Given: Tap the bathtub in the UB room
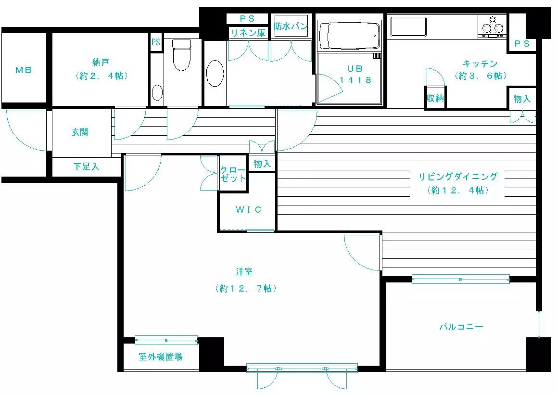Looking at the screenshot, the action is pyautogui.click(x=349, y=36).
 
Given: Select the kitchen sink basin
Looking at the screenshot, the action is pyautogui.click(x=408, y=26).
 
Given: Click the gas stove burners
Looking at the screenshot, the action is pyautogui.click(x=493, y=26).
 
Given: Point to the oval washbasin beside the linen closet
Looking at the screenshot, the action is pyautogui.click(x=215, y=73).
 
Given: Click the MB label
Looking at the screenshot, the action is pyautogui.click(x=24, y=70).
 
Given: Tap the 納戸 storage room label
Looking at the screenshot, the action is pyautogui.click(x=100, y=62).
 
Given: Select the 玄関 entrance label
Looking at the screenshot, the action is pyautogui.click(x=80, y=132).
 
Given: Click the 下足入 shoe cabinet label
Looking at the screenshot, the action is pyautogui.click(x=86, y=166).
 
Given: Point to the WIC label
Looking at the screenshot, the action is pyautogui.click(x=248, y=209).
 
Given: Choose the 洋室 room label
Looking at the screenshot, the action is pyautogui.click(x=244, y=272).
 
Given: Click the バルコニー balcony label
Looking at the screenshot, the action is pyautogui.click(x=461, y=326).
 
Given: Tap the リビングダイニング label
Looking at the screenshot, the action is pyautogui.click(x=458, y=177).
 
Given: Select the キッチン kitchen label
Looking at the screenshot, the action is pyautogui.click(x=480, y=64).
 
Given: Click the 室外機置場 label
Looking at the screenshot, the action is pyautogui.click(x=161, y=357).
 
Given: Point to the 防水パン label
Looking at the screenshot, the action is pyautogui.click(x=291, y=26).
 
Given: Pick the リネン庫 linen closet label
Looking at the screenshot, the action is pyautogui.click(x=248, y=33).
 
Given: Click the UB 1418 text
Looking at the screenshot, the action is pyautogui.click(x=355, y=74).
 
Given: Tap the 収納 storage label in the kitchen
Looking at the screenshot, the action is pyautogui.click(x=435, y=98).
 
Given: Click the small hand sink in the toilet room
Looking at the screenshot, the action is pyautogui.click(x=157, y=93).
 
